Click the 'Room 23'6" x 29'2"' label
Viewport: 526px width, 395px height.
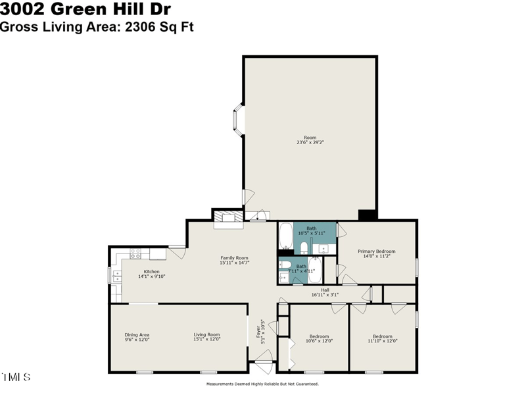click(310, 140)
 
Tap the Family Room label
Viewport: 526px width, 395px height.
click(234, 260)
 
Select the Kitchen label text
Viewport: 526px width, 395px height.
click(151, 274)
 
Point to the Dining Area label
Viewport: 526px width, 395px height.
click(137, 337)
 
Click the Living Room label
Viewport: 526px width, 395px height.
click(206, 337)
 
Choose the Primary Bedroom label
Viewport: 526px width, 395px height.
click(376, 254)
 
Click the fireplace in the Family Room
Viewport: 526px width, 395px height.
click(228, 219)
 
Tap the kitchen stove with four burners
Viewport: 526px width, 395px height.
click(136, 253)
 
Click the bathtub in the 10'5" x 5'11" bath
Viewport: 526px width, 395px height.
click(285, 236)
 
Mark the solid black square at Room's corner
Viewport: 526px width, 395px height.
click(366, 215)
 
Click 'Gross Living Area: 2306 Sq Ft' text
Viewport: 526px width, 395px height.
click(97, 26)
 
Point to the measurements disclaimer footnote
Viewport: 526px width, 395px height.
click(262, 384)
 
